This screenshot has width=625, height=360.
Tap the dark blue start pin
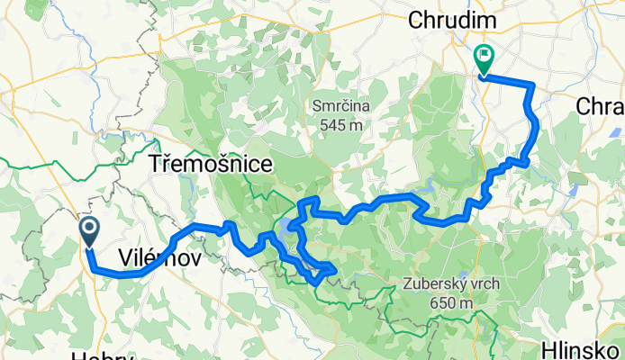point(91,231)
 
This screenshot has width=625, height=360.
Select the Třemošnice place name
point(199,166)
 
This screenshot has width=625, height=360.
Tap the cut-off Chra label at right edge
point(600,106)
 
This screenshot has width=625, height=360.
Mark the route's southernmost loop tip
point(315,282)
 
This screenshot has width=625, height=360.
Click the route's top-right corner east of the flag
point(532,85)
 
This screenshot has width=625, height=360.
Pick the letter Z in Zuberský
point(400,285)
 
